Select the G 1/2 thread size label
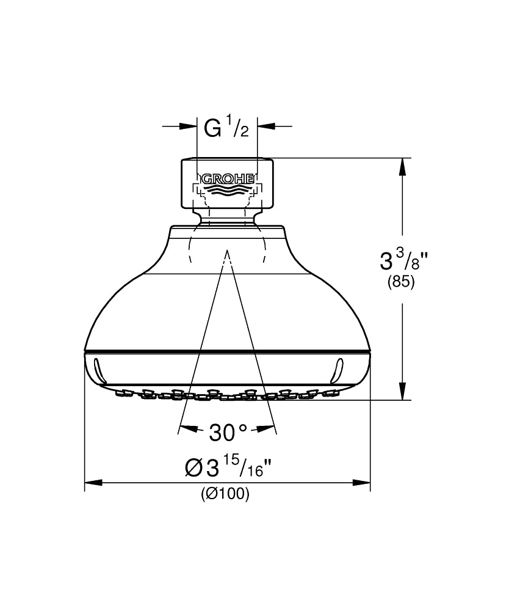coord(226,128)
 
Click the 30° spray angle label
coord(228,432)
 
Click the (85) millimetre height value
coord(401,282)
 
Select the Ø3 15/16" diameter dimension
coord(228,466)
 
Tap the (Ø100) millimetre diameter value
coord(225,494)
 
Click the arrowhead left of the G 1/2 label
coord(189,126)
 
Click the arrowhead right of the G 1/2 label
coord(265,126)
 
